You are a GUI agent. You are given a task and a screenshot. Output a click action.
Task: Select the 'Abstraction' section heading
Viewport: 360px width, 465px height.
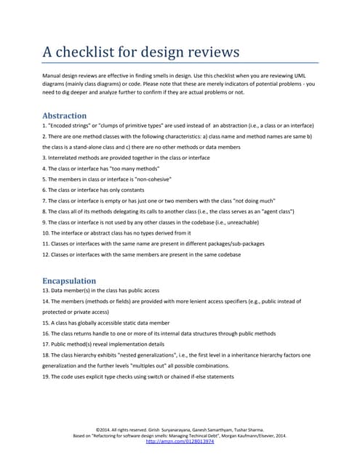point(65,116)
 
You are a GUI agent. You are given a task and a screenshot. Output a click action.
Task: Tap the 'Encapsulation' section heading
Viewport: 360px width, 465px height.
point(69,280)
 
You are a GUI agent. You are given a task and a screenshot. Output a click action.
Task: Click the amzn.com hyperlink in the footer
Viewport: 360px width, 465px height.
point(180,441)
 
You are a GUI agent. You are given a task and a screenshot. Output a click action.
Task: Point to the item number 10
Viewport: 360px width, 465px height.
point(47,232)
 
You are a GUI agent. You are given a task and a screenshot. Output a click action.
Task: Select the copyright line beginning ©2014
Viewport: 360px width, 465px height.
point(180,429)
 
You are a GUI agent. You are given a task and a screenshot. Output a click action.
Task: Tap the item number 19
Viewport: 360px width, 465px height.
point(47,376)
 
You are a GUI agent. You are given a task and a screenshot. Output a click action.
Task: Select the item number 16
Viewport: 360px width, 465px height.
point(47,333)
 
